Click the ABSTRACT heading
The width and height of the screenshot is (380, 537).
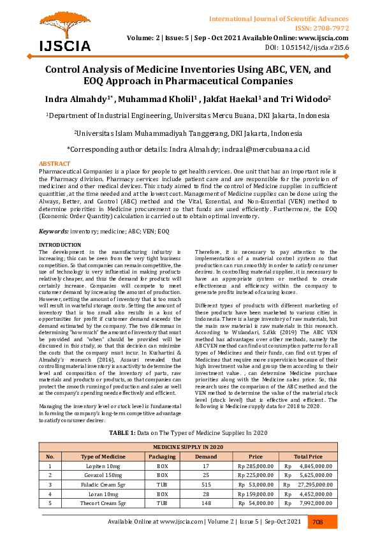pyautogui.click(x=55, y=164)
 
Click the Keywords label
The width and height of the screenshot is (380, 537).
pyautogui.click(x=54, y=231)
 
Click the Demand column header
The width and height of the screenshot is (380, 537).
pyautogui.click(x=205, y=457)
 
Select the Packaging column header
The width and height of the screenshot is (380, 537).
pyautogui.click(x=162, y=457)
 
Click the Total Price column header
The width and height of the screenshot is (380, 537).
pyautogui.click(x=308, y=457)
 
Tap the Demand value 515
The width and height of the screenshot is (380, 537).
pyautogui.click(x=205, y=485)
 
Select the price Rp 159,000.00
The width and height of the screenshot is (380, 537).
pyautogui.click(x=255, y=494)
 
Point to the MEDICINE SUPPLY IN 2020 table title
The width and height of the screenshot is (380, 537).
pyautogui.click(x=189, y=447)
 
